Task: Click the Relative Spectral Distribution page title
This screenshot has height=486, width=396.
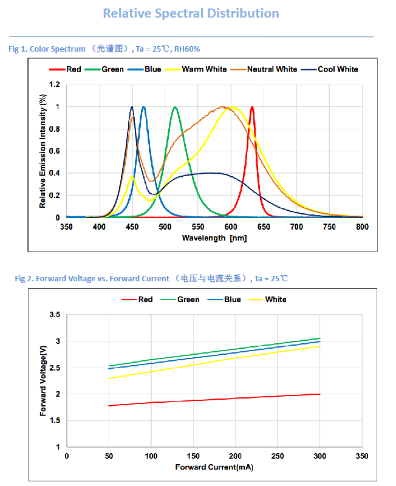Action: point(191,13)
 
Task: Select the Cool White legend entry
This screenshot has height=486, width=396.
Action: point(338,69)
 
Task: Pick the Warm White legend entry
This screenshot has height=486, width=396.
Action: point(204,69)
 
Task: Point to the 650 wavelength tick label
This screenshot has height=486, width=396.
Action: point(264,227)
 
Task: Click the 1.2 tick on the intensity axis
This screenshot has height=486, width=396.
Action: point(55,84)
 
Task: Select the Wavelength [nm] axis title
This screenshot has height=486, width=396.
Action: point(214,238)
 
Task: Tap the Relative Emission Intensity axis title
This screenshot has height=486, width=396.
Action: point(43,151)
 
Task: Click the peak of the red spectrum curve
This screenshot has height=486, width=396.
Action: point(252,107)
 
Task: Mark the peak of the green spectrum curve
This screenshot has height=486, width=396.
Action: point(176,107)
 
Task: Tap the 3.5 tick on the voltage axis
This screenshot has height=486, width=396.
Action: point(55,315)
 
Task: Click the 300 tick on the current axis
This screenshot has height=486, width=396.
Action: point(319,456)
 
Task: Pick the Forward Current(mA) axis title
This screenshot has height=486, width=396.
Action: point(214,467)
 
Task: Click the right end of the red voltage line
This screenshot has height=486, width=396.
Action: point(319,394)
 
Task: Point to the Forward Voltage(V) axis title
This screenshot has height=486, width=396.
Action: point(43,381)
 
